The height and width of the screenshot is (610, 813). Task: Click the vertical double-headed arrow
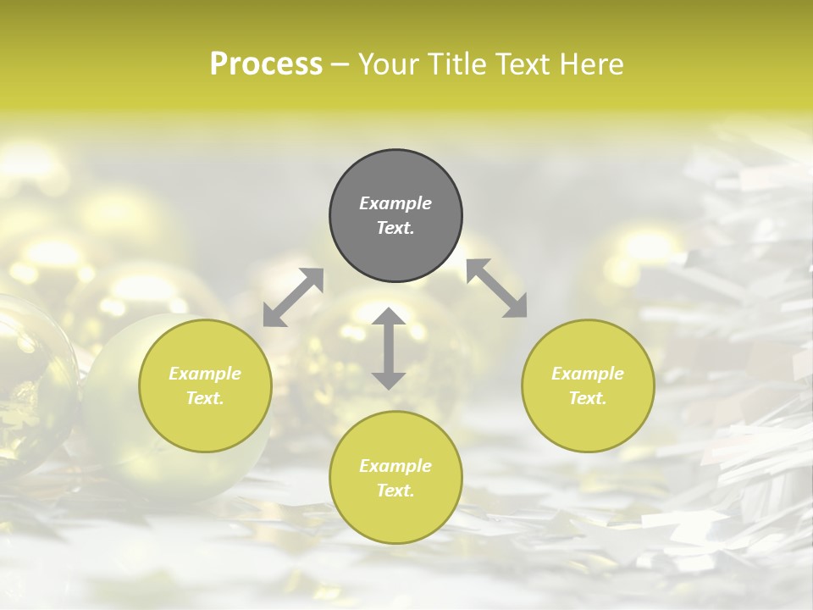(x=389, y=348)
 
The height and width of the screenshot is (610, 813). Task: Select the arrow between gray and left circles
(x=293, y=297)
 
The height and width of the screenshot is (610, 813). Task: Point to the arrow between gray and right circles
(x=496, y=288)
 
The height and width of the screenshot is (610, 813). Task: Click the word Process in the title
(x=266, y=64)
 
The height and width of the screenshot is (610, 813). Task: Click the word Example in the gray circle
(x=395, y=203)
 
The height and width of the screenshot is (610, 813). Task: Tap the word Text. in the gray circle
(x=395, y=228)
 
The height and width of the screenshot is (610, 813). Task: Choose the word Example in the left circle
(x=205, y=374)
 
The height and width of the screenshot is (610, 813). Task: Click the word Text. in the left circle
(x=205, y=398)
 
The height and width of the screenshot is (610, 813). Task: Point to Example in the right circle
(x=588, y=374)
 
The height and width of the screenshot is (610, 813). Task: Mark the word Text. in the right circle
(x=588, y=398)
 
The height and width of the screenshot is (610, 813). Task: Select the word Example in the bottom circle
(x=395, y=466)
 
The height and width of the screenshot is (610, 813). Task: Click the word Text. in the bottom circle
(x=395, y=491)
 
